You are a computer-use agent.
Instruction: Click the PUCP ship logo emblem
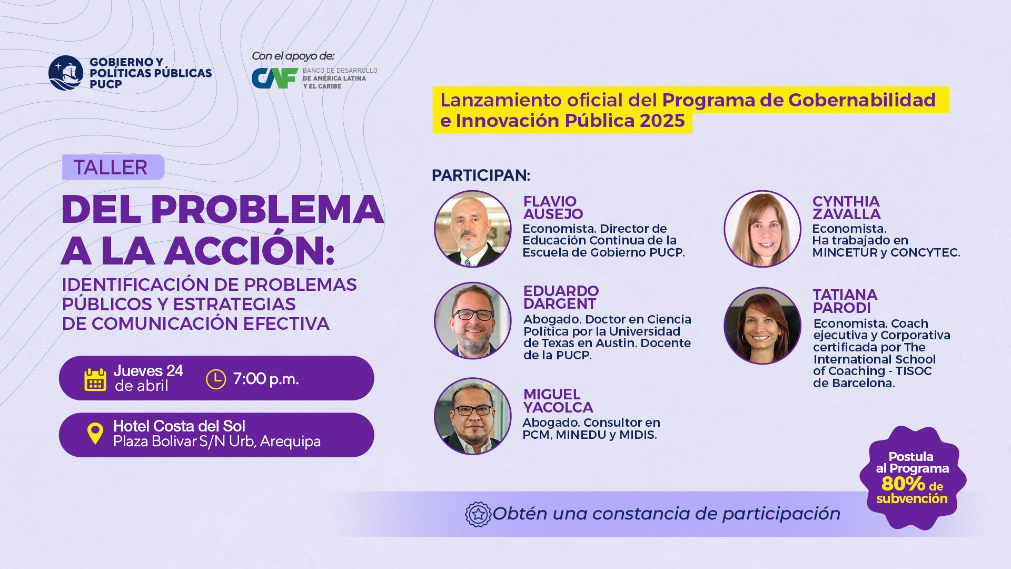point(66,73)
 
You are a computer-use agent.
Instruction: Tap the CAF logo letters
point(275,79)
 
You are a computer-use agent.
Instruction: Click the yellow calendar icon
point(95,379)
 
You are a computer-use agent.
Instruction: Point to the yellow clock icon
point(216,379)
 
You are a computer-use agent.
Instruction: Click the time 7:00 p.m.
point(266,379)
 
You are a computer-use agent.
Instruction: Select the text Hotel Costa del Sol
point(179,426)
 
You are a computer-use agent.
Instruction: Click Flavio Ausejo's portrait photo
point(473,229)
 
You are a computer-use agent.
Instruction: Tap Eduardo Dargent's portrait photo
point(473,321)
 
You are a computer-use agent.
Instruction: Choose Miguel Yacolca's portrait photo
point(473,416)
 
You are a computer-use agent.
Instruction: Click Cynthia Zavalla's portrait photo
point(762,229)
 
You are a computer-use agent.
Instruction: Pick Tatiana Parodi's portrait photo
point(762,326)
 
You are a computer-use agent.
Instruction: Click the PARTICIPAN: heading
point(481,175)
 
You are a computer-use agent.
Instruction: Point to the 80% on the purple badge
point(903,483)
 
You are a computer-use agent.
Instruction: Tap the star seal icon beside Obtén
point(478,514)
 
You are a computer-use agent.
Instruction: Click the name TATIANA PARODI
point(845,301)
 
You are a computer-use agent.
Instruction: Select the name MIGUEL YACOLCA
point(558,401)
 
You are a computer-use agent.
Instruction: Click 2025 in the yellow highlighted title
point(662,121)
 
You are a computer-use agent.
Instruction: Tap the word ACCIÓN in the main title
point(250,251)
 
